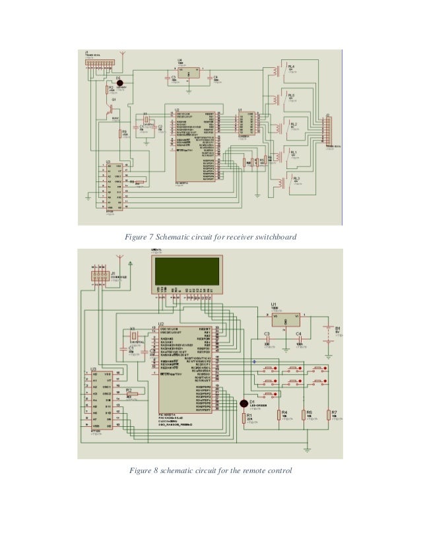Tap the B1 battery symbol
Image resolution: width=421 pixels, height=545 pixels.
pos(328,333)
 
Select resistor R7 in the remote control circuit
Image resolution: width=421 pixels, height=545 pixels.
pos(334,416)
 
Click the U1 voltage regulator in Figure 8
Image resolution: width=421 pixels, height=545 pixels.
pos(285,319)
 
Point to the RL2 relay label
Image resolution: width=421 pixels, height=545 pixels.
pos(294,124)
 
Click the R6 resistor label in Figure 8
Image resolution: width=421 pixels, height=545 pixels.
pos(308,412)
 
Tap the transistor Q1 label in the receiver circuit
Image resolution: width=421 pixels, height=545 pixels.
pos(114,100)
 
